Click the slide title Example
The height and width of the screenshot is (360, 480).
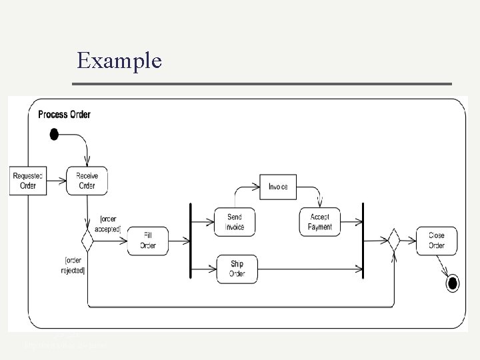tap(119, 61)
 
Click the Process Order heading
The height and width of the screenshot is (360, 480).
tap(64, 114)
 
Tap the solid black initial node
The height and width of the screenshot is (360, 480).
tap(54, 135)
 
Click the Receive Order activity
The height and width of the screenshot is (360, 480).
tap(87, 180)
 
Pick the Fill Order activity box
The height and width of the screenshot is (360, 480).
tap(148, 240)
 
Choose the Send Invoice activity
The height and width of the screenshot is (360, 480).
tap(235, 222)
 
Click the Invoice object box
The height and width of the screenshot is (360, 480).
tap(278, 187)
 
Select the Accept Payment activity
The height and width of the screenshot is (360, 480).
tap(320, 222)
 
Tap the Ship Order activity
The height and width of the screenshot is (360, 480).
tap(237, 269)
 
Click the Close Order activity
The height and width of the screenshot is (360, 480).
tap(436, 240)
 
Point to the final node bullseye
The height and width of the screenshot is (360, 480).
tap(453, 284)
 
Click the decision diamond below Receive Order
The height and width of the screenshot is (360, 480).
tap(87, 239)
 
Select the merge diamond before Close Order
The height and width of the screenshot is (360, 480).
tap(393, 239)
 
